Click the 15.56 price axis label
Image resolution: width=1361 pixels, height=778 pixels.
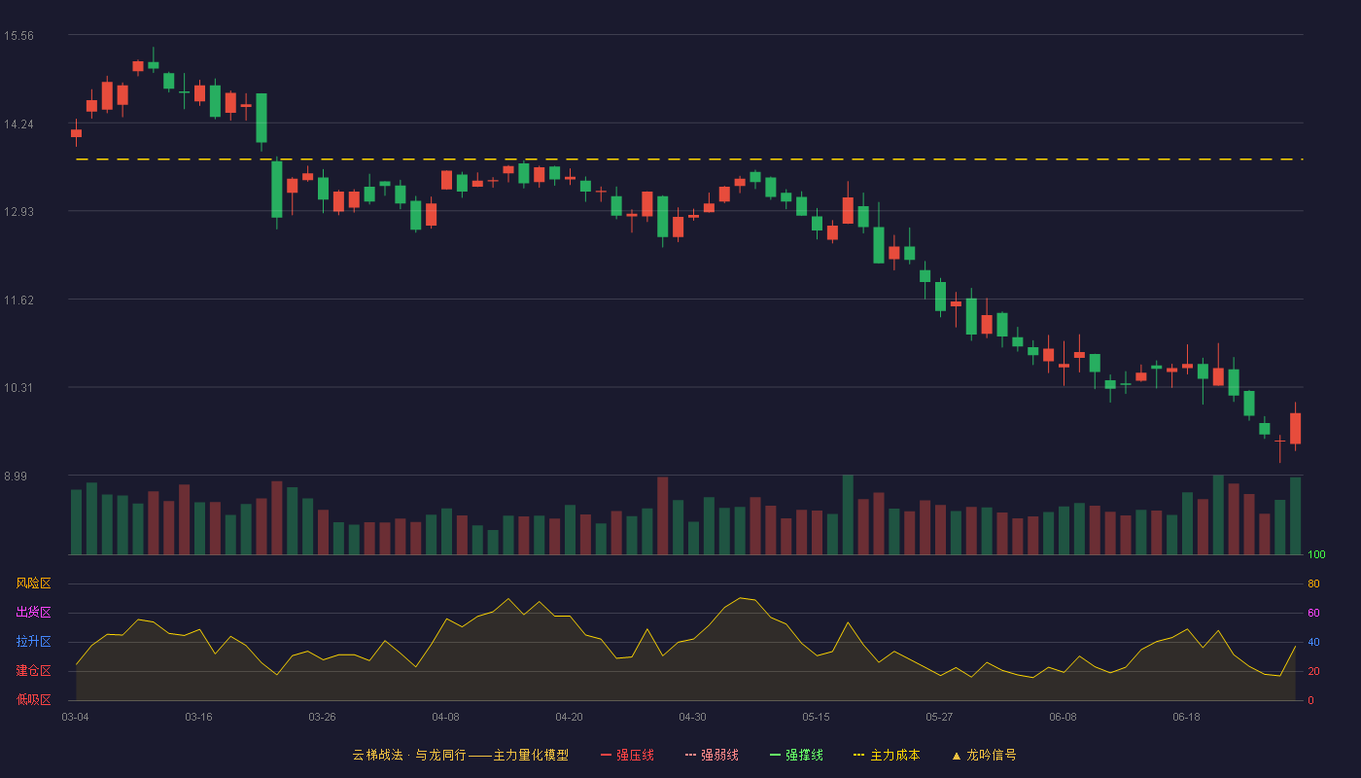point(18,36)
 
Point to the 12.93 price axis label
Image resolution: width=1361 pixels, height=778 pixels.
point(18,212)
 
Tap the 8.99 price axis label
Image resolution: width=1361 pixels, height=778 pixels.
point(16,476)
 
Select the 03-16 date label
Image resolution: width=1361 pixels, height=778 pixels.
point(198,718)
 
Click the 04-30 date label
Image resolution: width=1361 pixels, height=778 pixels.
point(692,718)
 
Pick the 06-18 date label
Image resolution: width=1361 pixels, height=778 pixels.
point(1187,718)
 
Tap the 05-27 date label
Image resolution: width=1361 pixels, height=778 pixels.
point(939,718)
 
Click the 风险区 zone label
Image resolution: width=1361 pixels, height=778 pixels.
point(33,583)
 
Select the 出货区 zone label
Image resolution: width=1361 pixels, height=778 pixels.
point(33,612)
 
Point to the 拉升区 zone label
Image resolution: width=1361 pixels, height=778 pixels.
point(33,641)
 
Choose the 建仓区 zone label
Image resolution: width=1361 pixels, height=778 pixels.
point(33,670)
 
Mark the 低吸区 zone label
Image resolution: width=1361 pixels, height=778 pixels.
point(33,699)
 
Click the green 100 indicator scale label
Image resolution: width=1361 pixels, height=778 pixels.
point(1316,554)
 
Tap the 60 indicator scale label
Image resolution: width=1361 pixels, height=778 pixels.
point(1313,613)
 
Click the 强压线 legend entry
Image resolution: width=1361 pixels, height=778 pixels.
point(627,755)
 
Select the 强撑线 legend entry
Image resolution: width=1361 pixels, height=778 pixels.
point(796,755)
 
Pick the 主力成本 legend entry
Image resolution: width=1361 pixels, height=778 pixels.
point(887,755)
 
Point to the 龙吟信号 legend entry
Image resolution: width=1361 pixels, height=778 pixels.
point(984,755)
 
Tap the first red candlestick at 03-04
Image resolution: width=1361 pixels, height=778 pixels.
point(76,133)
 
